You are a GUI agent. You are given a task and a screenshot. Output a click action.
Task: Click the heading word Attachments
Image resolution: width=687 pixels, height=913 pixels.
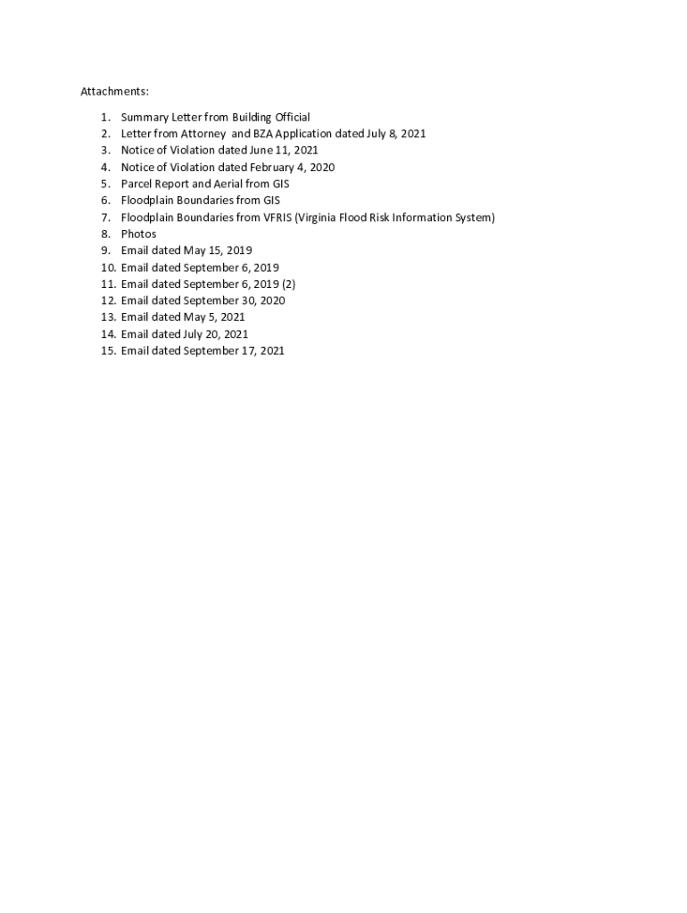point(114,92)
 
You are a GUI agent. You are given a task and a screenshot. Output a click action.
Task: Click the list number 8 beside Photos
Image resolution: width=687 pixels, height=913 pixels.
point(104,234)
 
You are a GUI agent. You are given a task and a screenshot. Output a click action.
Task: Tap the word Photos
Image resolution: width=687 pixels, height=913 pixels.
point(138,234)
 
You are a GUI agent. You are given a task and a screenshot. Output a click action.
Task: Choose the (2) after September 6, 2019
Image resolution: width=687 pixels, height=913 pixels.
point(288,284)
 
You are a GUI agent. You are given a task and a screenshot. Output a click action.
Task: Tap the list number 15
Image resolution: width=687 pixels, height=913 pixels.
point(108,351)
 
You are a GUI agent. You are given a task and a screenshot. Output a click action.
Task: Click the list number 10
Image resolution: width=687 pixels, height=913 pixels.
point(108,267)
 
